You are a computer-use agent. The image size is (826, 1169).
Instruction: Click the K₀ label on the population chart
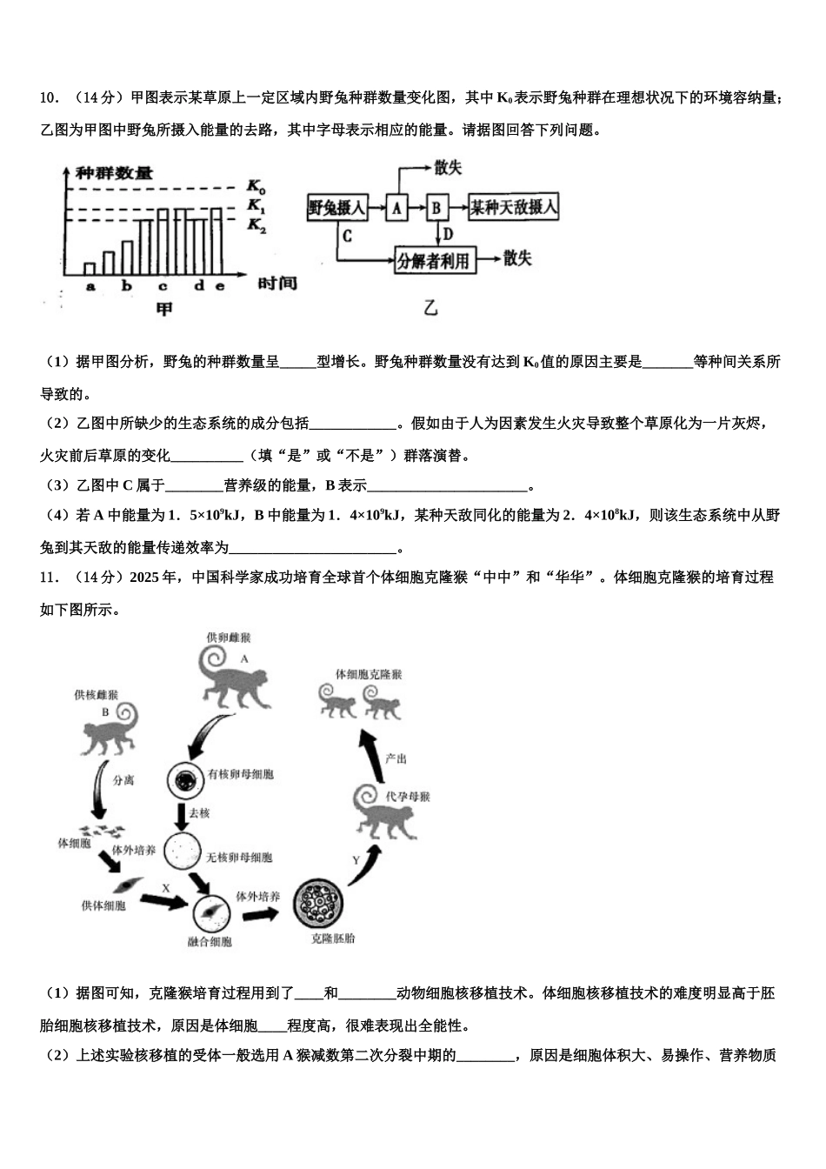point(256,186)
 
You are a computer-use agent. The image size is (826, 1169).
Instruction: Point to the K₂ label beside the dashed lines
point(256,225)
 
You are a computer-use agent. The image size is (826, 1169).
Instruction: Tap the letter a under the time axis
point(90,286)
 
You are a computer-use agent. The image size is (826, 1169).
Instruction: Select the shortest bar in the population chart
point(90,269)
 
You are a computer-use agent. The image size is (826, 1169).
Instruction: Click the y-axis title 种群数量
point(114,172)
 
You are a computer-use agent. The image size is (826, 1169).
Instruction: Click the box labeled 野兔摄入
point(336,208)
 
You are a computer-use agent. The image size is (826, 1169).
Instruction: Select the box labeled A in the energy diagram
point(396,208)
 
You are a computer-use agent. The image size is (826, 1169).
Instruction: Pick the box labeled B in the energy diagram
point(437,208)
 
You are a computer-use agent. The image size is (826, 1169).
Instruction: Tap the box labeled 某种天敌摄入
point(513,208)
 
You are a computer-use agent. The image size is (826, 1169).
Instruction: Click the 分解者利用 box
point(435,260)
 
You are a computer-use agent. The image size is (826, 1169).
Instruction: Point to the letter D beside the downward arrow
point(448,234)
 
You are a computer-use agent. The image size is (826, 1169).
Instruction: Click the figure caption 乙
point(430,307)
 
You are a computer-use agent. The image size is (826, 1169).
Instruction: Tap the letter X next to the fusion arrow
point(164,887)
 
